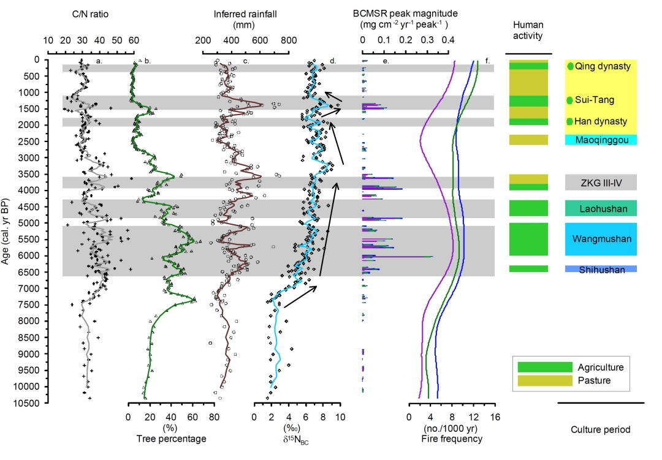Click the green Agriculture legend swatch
click(x=545, y=367)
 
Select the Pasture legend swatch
click(x=545, y=380)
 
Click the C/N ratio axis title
click(x=90, y=13)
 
